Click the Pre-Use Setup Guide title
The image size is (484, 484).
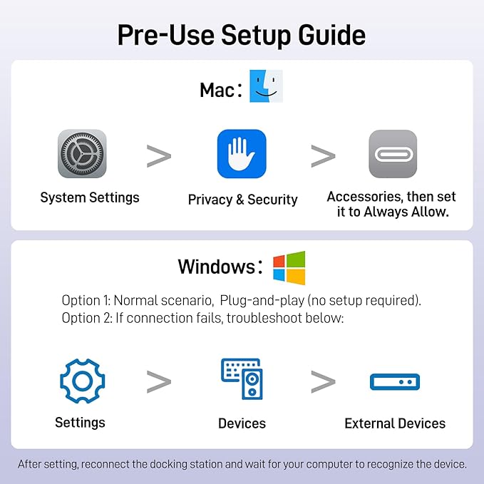[242, 35]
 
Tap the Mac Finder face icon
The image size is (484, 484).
[266, 86]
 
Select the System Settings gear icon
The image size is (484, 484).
[82, 153]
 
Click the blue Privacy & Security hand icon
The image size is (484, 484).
[242, 154]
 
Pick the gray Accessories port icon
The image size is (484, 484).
[393, 154]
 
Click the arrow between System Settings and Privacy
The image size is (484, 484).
[159, 156]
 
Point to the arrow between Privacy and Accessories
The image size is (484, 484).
[323, 156]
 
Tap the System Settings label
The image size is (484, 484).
[90, 197]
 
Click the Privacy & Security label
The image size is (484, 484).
[243, 200]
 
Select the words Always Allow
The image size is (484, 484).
[406, 212]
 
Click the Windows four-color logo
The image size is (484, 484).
[289, 268]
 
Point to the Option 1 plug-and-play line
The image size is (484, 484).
[242, 300]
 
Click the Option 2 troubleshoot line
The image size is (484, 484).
[203, 318]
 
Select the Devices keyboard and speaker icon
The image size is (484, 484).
[242, 379]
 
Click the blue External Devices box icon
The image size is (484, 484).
[395, 382]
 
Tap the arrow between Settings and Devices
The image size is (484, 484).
[159, 382]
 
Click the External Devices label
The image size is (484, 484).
[395, 423]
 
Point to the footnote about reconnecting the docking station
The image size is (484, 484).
[242, 464]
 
